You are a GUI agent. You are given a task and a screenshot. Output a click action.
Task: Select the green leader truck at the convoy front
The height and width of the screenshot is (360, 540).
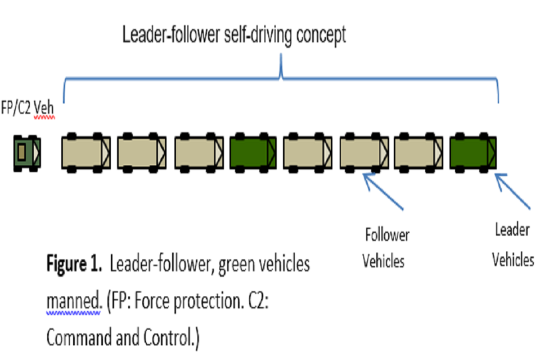[473, 151]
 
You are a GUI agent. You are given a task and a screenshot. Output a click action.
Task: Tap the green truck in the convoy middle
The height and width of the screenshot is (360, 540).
[253, 151]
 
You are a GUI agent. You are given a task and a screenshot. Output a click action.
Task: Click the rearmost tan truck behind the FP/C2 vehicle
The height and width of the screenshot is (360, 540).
[85, 151]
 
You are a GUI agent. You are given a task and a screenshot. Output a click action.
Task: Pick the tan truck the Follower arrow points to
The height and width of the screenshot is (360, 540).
[364, 151]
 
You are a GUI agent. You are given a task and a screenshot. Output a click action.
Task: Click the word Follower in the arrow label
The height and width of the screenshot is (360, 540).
[387, 234]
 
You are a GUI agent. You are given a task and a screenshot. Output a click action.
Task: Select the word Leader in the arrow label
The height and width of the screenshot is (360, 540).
[512, 229]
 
